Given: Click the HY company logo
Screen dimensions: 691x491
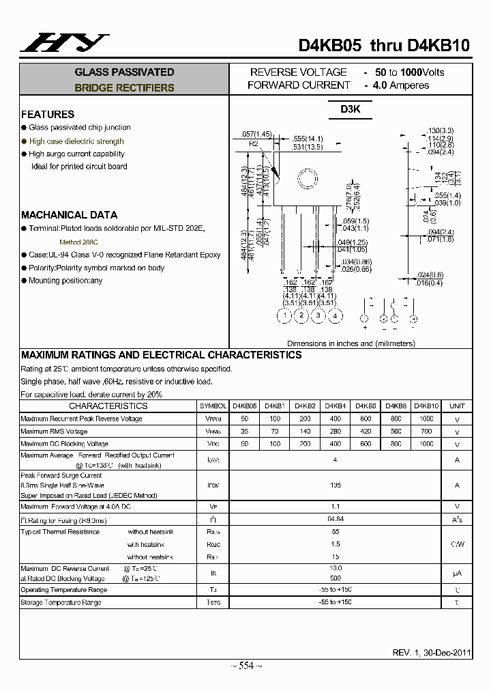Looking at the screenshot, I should point(65,43).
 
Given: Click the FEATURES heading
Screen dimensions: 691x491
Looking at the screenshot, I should point(48,114).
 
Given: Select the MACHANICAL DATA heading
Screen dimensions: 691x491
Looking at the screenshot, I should point(69,214).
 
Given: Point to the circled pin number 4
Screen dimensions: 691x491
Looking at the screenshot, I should point(335,315).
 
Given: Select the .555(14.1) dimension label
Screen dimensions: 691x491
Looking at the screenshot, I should point(308,139).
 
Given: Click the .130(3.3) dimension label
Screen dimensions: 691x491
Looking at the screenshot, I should point(441,130).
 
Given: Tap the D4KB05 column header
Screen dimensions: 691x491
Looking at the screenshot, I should point(245,406).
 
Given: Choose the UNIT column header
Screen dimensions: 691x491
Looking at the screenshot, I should point(457,406).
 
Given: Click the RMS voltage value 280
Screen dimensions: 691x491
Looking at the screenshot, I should point(335,432).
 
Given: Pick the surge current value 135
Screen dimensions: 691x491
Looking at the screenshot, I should point(335,485).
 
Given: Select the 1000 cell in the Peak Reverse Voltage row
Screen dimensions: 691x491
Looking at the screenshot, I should point(426,419).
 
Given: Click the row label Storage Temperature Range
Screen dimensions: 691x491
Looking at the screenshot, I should point(61,602).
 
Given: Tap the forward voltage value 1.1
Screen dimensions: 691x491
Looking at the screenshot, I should point(335,507).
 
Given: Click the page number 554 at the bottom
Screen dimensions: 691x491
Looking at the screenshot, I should point(245,666).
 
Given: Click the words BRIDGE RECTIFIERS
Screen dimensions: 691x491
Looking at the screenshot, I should point(124,87).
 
